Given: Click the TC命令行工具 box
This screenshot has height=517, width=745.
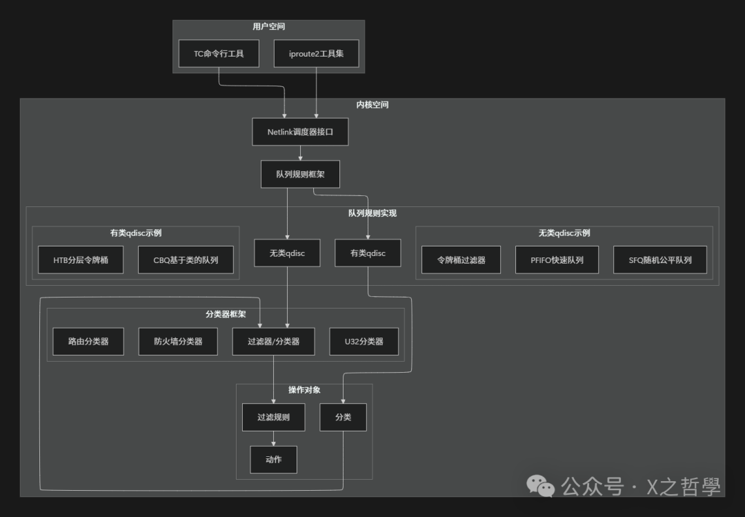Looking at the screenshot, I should point(219,54).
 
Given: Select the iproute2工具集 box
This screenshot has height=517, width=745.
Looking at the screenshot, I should point(316,54).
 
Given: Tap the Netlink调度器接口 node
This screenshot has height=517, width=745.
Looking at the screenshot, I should point(300,132).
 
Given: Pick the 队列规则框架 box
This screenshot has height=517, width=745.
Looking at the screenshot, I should point(300,174).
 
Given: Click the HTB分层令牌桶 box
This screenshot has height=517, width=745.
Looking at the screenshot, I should point(81,260).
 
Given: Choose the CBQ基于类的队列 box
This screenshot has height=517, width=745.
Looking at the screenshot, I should point(186,260).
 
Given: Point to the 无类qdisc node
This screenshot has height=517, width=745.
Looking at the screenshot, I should point(288,253).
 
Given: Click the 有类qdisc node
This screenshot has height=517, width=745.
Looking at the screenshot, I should point(368,253).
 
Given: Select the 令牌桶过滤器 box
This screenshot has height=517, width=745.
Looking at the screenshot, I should point(461,260).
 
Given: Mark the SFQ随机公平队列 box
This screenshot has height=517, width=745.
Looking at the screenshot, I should point(660,260).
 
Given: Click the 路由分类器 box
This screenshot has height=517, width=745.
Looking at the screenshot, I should point(88,342).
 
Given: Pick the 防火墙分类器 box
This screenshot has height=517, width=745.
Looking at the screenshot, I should point(178,342).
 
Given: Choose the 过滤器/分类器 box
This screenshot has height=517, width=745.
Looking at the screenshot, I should point(273,342).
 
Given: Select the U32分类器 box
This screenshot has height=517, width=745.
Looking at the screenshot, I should point(364,342).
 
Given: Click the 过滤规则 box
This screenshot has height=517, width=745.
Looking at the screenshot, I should point(273,418).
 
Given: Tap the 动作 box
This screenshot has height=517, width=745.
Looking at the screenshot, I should point(273,460).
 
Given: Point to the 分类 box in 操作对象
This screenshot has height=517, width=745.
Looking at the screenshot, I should point(343,418).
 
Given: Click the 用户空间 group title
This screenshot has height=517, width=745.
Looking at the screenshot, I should point(268,27).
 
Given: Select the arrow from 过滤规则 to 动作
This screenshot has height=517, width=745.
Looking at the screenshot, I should point(274,438).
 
